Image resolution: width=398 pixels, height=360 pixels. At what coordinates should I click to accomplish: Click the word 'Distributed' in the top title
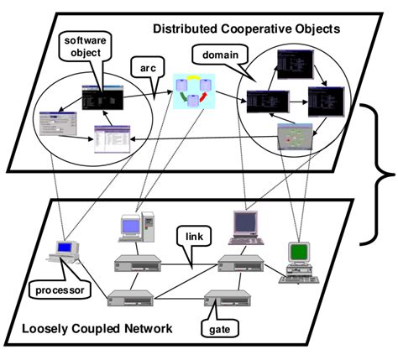pyautogui.click(x=185, y=29)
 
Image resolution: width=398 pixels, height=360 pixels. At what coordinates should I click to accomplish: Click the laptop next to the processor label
pyautogui.click(x=65, y=253)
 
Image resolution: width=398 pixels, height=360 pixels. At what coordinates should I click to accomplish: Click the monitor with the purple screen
pyautogui.click(x=244, y=225)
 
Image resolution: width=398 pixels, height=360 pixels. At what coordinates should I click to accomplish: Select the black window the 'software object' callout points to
pyautogui.click(x=103, y=98)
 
